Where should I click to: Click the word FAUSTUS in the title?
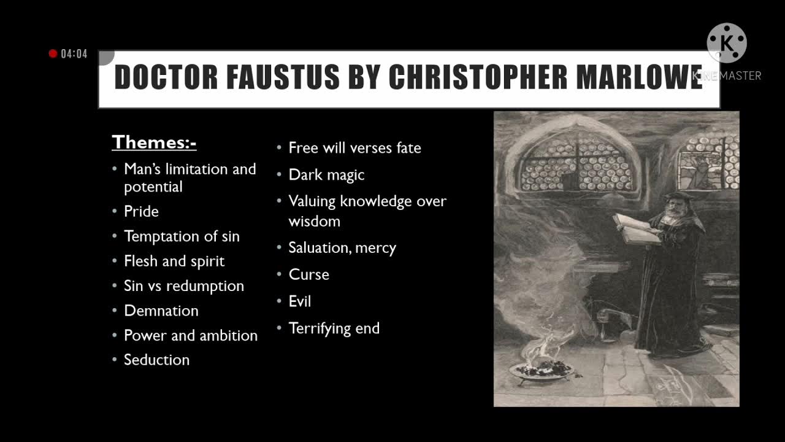pos(283,77)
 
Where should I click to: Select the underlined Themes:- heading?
pos(154,142)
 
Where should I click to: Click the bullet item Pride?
pos(141,211)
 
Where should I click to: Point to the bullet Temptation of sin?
pos(182,236)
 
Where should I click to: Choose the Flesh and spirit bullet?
pos(174,261)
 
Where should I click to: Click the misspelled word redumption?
pos(205,286)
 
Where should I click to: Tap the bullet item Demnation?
pos(161,311)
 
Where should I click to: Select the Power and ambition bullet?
pos(191,335)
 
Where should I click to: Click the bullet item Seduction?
pos(156,360)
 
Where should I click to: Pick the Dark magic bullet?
pos(326,175)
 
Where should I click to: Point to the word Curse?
pos(308,274)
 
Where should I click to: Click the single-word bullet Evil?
pos(300,301)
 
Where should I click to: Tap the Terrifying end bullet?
pos(334,328)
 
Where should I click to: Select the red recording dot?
pos(53,54)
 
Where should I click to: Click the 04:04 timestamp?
pos(74,54)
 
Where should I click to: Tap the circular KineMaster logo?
pos(727,43)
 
